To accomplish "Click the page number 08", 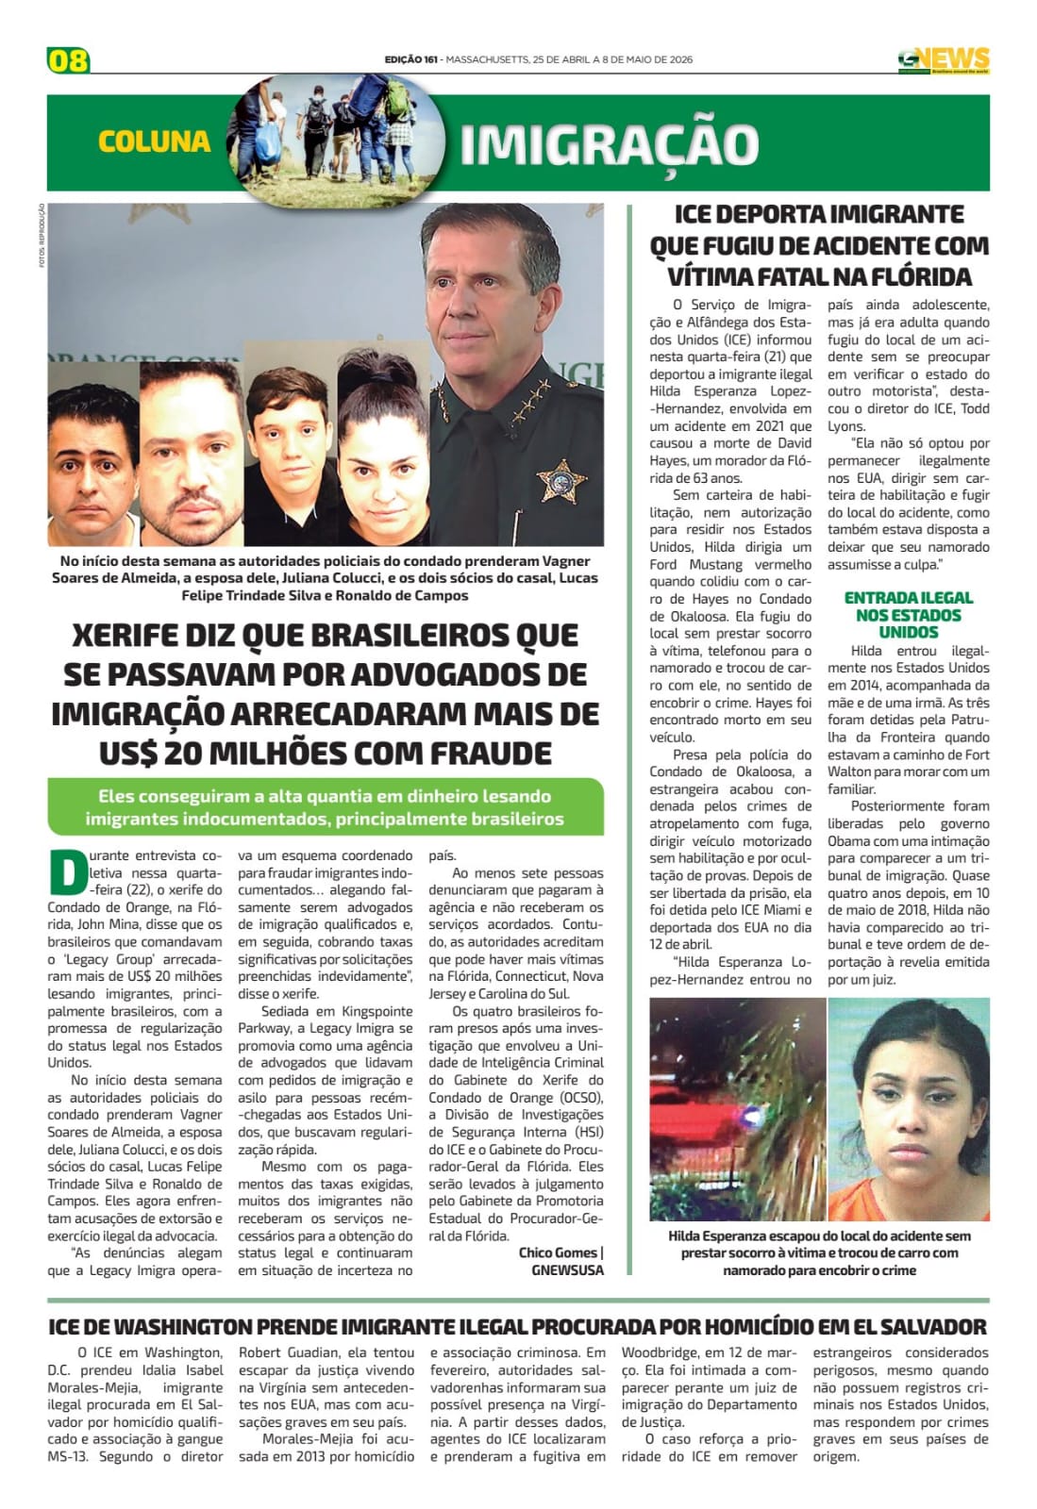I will (68, 60).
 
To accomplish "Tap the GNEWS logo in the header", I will (943, 59).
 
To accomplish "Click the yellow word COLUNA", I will (154, 141).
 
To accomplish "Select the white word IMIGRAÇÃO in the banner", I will (609, 144).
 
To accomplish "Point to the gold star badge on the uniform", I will (561, 481).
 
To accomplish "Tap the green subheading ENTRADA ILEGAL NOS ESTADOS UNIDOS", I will (908, 615).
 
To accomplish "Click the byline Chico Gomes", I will (558, 1252).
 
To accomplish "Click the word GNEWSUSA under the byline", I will (567, 1269).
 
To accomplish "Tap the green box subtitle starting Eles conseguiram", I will (325, 807).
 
